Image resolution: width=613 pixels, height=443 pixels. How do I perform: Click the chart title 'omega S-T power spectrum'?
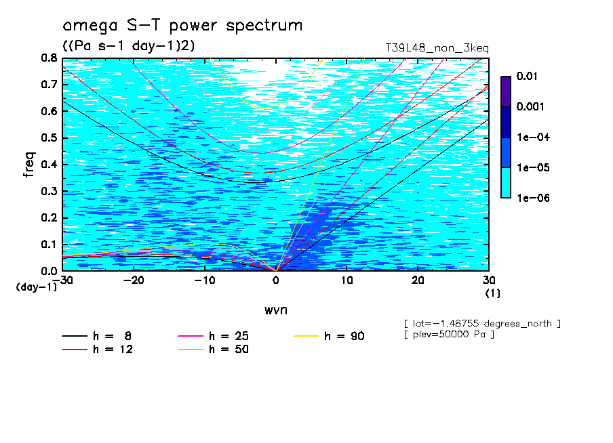(182, 26)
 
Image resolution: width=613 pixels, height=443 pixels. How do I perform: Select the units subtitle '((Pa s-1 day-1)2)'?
(129, 45)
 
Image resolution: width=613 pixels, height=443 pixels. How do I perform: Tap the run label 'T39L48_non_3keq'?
(437, 49)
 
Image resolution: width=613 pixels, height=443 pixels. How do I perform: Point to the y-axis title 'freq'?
(29, 165)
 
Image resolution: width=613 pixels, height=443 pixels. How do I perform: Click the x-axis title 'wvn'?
(276, 310)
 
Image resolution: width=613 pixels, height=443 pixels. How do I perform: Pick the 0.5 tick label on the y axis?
(49, 138)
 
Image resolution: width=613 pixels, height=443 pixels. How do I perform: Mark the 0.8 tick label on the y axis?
(49, 58)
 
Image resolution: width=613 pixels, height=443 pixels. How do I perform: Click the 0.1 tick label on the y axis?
(49, 245)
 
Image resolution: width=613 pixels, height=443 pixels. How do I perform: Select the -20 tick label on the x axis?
(134, 280)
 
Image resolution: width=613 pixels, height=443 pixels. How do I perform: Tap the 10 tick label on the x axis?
(347, 280)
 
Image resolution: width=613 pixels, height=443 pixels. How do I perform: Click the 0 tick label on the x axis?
(276, 280)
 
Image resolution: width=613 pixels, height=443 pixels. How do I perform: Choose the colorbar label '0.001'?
(530, 106)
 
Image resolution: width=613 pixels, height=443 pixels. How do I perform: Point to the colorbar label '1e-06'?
(533, 198)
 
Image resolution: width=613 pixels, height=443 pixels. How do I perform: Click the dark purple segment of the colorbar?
(506, 92)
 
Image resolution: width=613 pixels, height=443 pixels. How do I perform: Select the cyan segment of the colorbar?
(506, 183)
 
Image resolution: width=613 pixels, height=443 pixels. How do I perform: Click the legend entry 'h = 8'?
(96, 336)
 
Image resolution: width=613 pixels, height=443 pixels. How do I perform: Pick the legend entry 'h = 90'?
(329, 336)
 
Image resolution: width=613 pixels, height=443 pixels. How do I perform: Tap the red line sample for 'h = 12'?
(75, 350)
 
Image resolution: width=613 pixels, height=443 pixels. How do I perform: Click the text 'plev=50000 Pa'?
(449, 335)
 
